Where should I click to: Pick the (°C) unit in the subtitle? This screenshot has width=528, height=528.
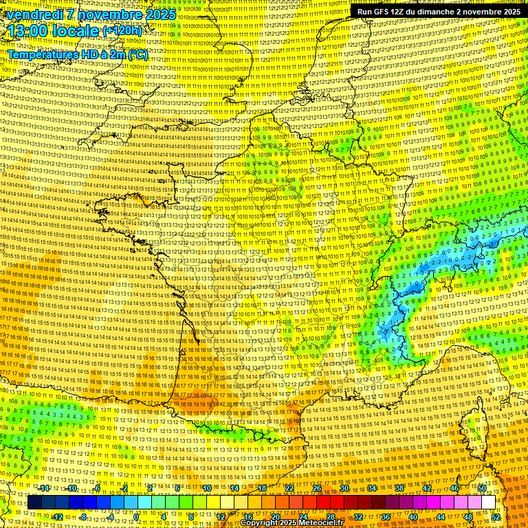coord(137,54)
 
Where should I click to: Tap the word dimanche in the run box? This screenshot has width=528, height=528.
coord(439,12)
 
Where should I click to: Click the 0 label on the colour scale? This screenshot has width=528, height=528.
coord(136,517)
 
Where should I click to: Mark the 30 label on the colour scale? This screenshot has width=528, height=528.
coord(344,488)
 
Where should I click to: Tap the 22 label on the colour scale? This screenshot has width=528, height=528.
coord(289,488)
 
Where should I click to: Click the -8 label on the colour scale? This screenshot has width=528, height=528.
coord(83,517)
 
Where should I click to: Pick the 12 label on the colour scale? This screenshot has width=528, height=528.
coord(220,517)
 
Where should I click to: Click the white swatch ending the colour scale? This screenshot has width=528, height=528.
coord(488,503)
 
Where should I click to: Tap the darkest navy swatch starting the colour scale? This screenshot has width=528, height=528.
coord(34,503)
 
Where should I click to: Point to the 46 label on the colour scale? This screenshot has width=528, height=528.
coord(454,488)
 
